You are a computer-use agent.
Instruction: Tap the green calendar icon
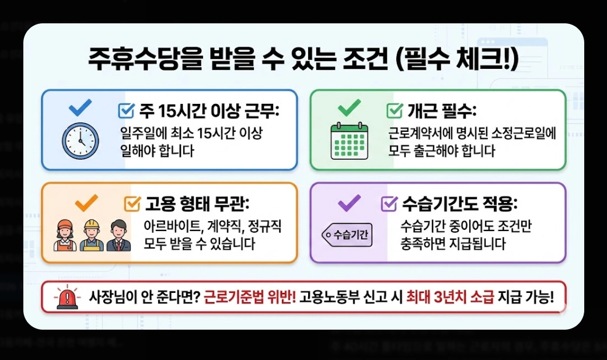[350, 141]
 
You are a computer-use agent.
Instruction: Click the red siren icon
[68, 298]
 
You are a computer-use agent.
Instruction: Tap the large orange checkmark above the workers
[86, 202]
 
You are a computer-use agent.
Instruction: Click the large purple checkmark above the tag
[349, 202]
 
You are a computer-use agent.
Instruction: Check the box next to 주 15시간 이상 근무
[126, 110]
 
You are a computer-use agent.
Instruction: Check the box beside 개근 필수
[395, 110]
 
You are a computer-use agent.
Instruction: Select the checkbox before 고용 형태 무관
[132, 204]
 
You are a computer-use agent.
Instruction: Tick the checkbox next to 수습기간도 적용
[389, 204]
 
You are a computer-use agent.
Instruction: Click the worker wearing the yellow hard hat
[91, 235]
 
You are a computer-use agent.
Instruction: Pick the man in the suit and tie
[119, 235]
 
